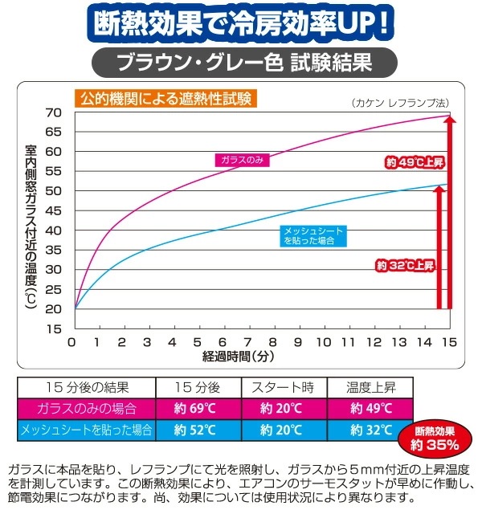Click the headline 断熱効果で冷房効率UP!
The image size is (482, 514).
[241, 22]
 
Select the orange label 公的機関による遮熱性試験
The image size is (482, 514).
[165, 100]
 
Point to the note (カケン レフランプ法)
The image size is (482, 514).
[399, 103]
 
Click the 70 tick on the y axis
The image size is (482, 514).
[54, 112]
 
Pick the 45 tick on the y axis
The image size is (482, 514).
[54, 210]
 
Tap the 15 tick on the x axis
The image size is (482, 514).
[448, 342]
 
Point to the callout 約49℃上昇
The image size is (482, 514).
[415, 162]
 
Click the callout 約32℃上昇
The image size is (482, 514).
[405, 265]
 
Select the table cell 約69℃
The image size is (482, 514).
[197, 408]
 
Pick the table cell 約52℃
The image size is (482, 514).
[197, 430]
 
